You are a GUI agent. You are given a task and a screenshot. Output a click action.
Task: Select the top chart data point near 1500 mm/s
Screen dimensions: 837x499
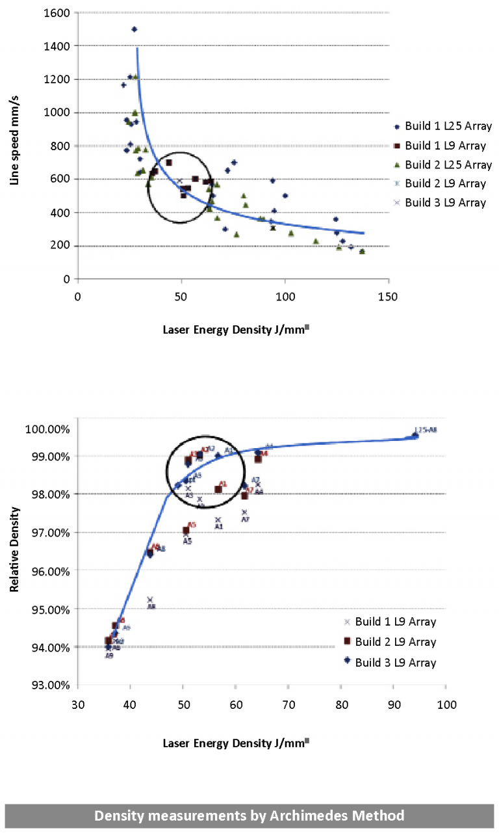134,29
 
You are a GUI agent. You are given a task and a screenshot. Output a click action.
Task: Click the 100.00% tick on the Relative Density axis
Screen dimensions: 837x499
47,429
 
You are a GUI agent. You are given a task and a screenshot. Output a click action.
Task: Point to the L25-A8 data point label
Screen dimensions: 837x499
426,430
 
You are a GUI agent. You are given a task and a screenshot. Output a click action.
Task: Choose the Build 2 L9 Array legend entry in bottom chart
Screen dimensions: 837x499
395,642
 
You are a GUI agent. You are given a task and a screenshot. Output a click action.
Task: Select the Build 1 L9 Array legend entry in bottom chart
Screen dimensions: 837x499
395,622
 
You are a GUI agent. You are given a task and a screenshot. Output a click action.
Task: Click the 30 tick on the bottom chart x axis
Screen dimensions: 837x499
77,704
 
